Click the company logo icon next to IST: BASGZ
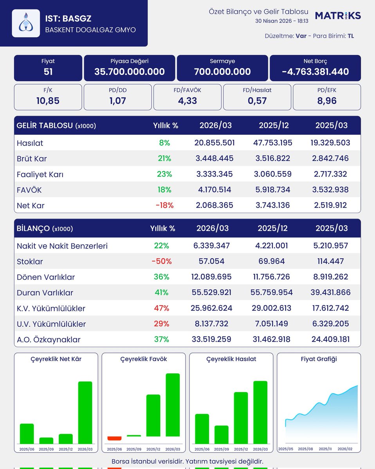(26, 23)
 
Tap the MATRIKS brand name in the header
(338, 16)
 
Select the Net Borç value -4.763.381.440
(315, 72)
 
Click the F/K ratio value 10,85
(48, 101)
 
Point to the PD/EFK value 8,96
(327, 101)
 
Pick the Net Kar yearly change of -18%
(164, 205)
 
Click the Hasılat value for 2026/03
(215, 143)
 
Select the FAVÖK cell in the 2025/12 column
(272, 190)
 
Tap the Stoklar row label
(30, 261)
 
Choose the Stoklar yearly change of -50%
(162, 261)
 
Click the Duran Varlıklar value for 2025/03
(330, 292)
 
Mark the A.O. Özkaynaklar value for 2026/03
(211, 339)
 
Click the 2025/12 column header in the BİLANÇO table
(272, 228)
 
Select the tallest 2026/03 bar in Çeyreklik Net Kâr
(85, 413)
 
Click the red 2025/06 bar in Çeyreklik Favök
(114, 438)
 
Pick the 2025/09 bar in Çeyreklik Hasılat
(222, 435)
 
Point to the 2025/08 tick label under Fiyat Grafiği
(305, 449)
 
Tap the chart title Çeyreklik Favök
(144, 359)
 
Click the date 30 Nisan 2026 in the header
(273, 21)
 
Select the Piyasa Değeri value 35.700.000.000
(130, 72)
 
